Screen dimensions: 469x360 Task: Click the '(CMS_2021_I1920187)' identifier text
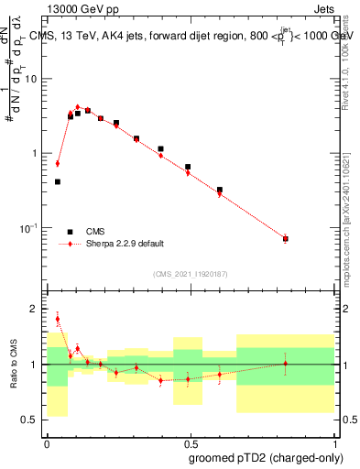click(x=190, y=274)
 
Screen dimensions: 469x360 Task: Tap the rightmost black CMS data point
click(x=286, y=239)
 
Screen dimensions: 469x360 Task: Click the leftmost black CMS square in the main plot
click(x=57, y=181)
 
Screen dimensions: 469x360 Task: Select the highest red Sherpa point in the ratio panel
click(x=57, y=319)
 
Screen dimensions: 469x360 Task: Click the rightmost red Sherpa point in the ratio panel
click(x=286, y=364)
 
